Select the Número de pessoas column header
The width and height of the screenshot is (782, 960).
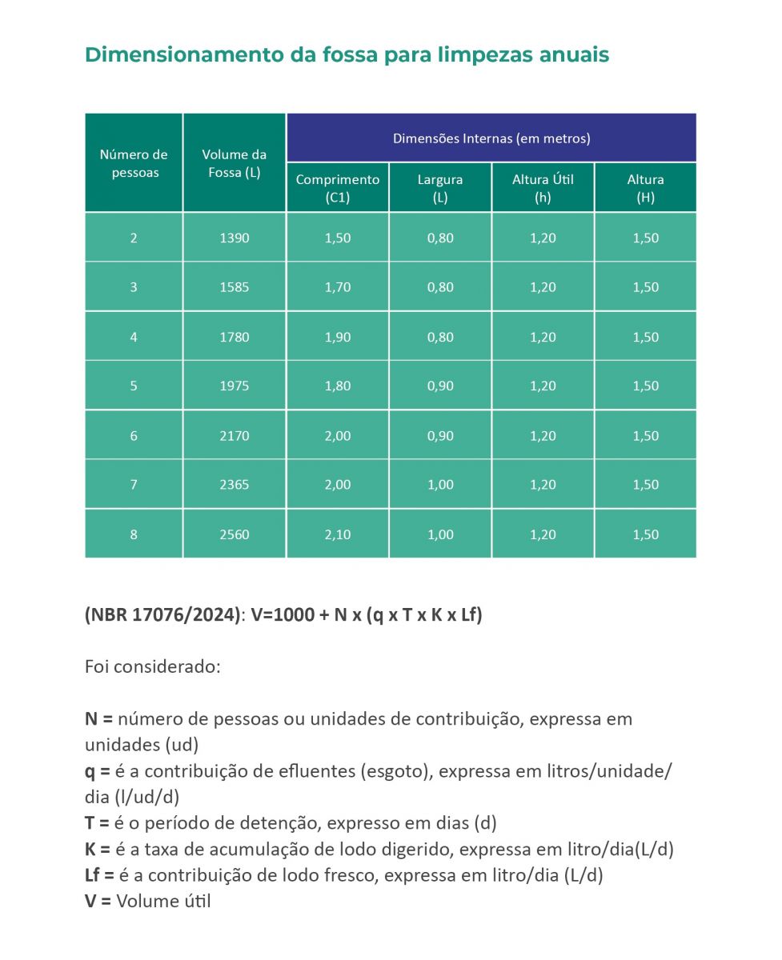click(134, 163)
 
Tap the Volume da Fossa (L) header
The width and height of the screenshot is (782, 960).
click(234, 163)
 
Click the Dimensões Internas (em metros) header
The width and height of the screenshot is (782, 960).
click(491, 138)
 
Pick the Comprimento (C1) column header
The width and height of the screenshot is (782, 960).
click(338, 188)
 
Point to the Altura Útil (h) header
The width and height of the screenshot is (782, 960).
click(543, 188)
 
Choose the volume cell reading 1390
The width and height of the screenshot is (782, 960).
click(234, 238)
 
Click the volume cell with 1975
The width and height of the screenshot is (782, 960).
click(234, 386)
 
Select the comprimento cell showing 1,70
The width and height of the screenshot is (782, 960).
click(338, 287)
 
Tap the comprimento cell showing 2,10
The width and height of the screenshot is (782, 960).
click(338, 534)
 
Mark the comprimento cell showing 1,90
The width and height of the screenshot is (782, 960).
click(338, 337)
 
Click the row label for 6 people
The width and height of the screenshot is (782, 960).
click(134, 436)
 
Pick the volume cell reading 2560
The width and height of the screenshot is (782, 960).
click(234, 534)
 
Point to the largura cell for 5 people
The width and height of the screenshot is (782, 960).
click(440, 386)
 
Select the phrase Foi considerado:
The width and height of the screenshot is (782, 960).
click(152, 666)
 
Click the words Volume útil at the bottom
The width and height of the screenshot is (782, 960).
click(163, 901)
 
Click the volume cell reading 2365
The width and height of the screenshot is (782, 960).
click(234, 485)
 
